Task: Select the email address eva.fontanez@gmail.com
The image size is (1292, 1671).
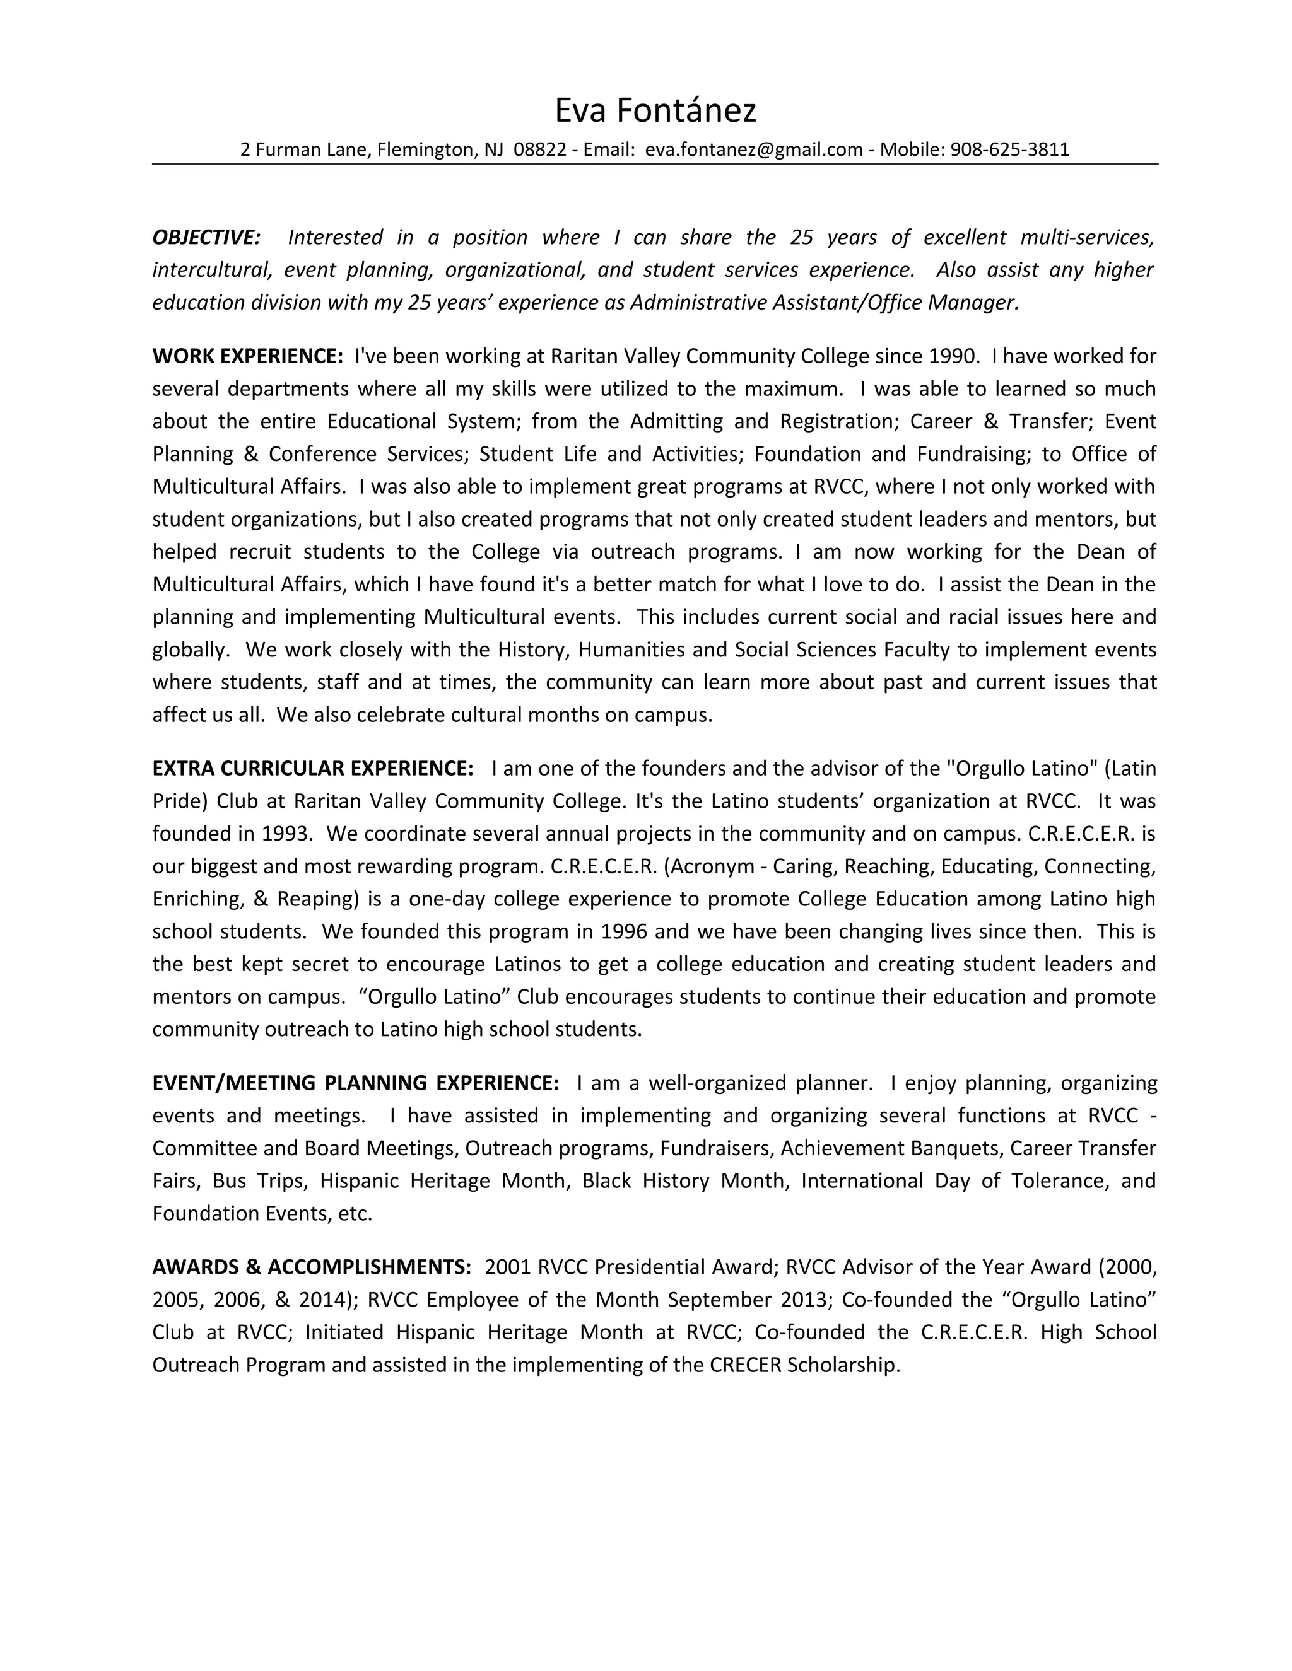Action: point(754,150)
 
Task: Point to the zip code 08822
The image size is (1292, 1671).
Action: point(539,150)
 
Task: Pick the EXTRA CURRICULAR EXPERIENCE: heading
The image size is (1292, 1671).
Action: point(313,768)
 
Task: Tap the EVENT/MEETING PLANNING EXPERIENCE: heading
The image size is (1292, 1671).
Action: point(356,1083)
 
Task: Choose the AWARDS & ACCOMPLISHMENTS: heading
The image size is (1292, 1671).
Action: point(312,1267)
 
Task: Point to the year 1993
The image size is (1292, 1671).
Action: point(286,833)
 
